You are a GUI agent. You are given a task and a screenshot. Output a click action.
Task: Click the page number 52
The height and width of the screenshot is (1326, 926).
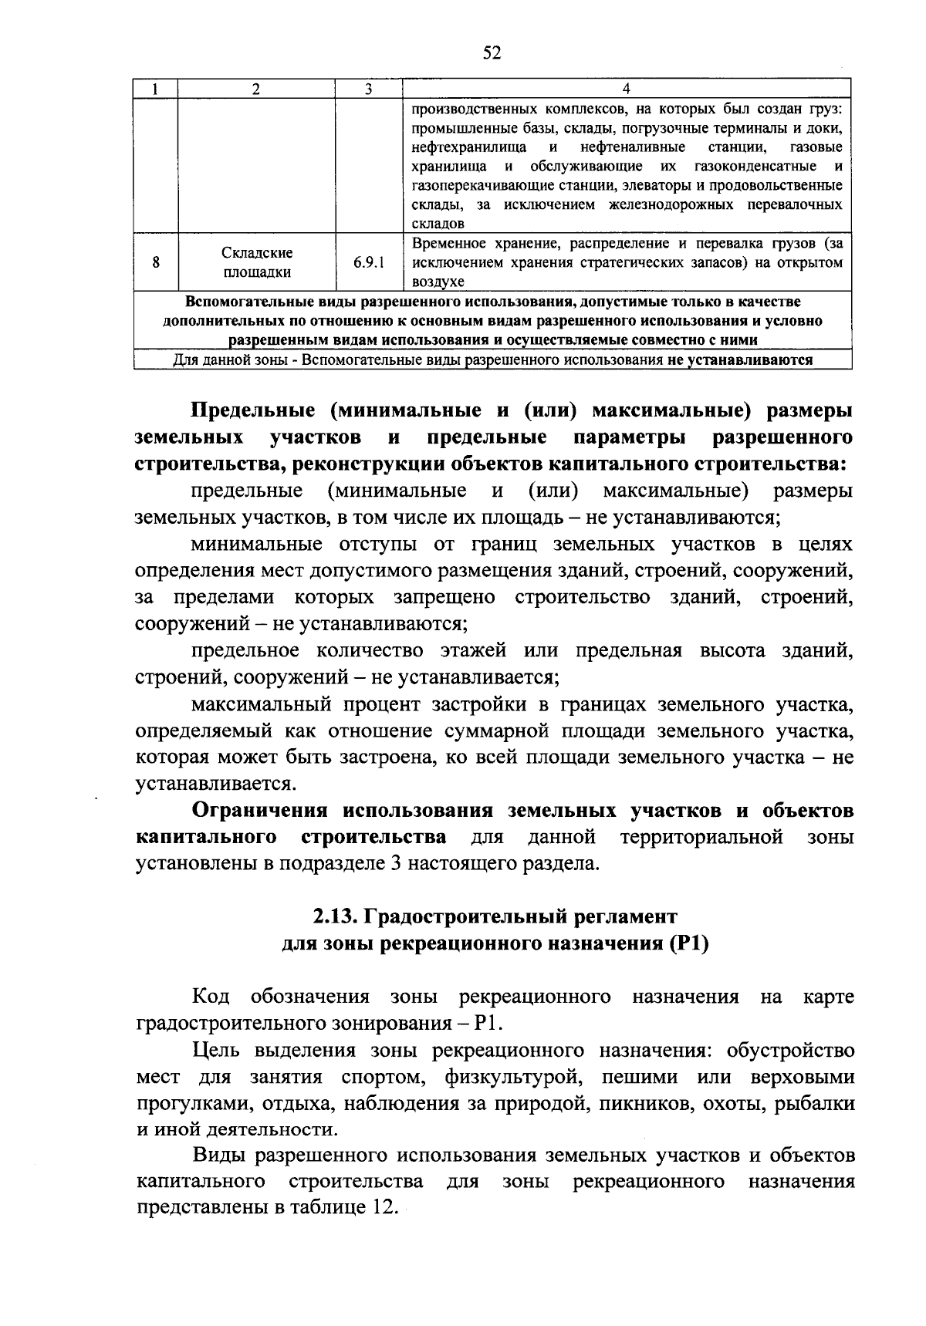492,52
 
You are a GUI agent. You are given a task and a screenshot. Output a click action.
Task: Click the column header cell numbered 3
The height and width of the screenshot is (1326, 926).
369,89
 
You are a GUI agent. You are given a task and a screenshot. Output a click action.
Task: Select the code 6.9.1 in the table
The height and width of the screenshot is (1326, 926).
369,263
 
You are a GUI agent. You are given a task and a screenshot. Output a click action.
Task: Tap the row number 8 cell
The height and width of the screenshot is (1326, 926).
156,263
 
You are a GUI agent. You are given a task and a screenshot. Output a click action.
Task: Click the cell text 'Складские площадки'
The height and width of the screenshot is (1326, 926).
257,263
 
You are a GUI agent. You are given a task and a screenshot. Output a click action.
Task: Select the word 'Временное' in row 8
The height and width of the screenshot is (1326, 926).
448,244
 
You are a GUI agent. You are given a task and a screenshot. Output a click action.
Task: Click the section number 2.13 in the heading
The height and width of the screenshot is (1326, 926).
333,916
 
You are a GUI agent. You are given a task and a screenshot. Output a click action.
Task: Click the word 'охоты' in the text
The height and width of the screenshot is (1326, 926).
730,1104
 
